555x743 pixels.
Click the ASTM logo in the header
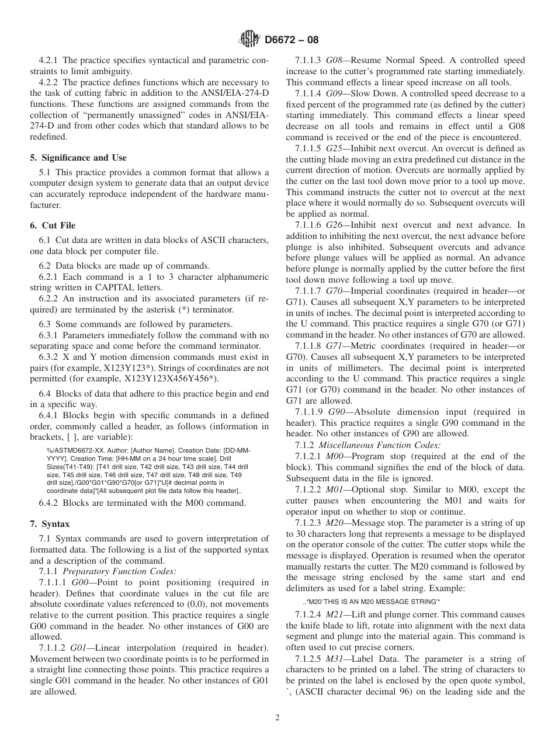[250, 40]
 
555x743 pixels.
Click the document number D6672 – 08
[292, 40]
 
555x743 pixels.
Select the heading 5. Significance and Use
[78, 158]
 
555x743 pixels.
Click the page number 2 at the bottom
[277, 718]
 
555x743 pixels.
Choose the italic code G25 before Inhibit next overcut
[335, 149]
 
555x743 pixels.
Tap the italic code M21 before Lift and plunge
[335, 614]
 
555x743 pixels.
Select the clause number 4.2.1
[49, 60]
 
